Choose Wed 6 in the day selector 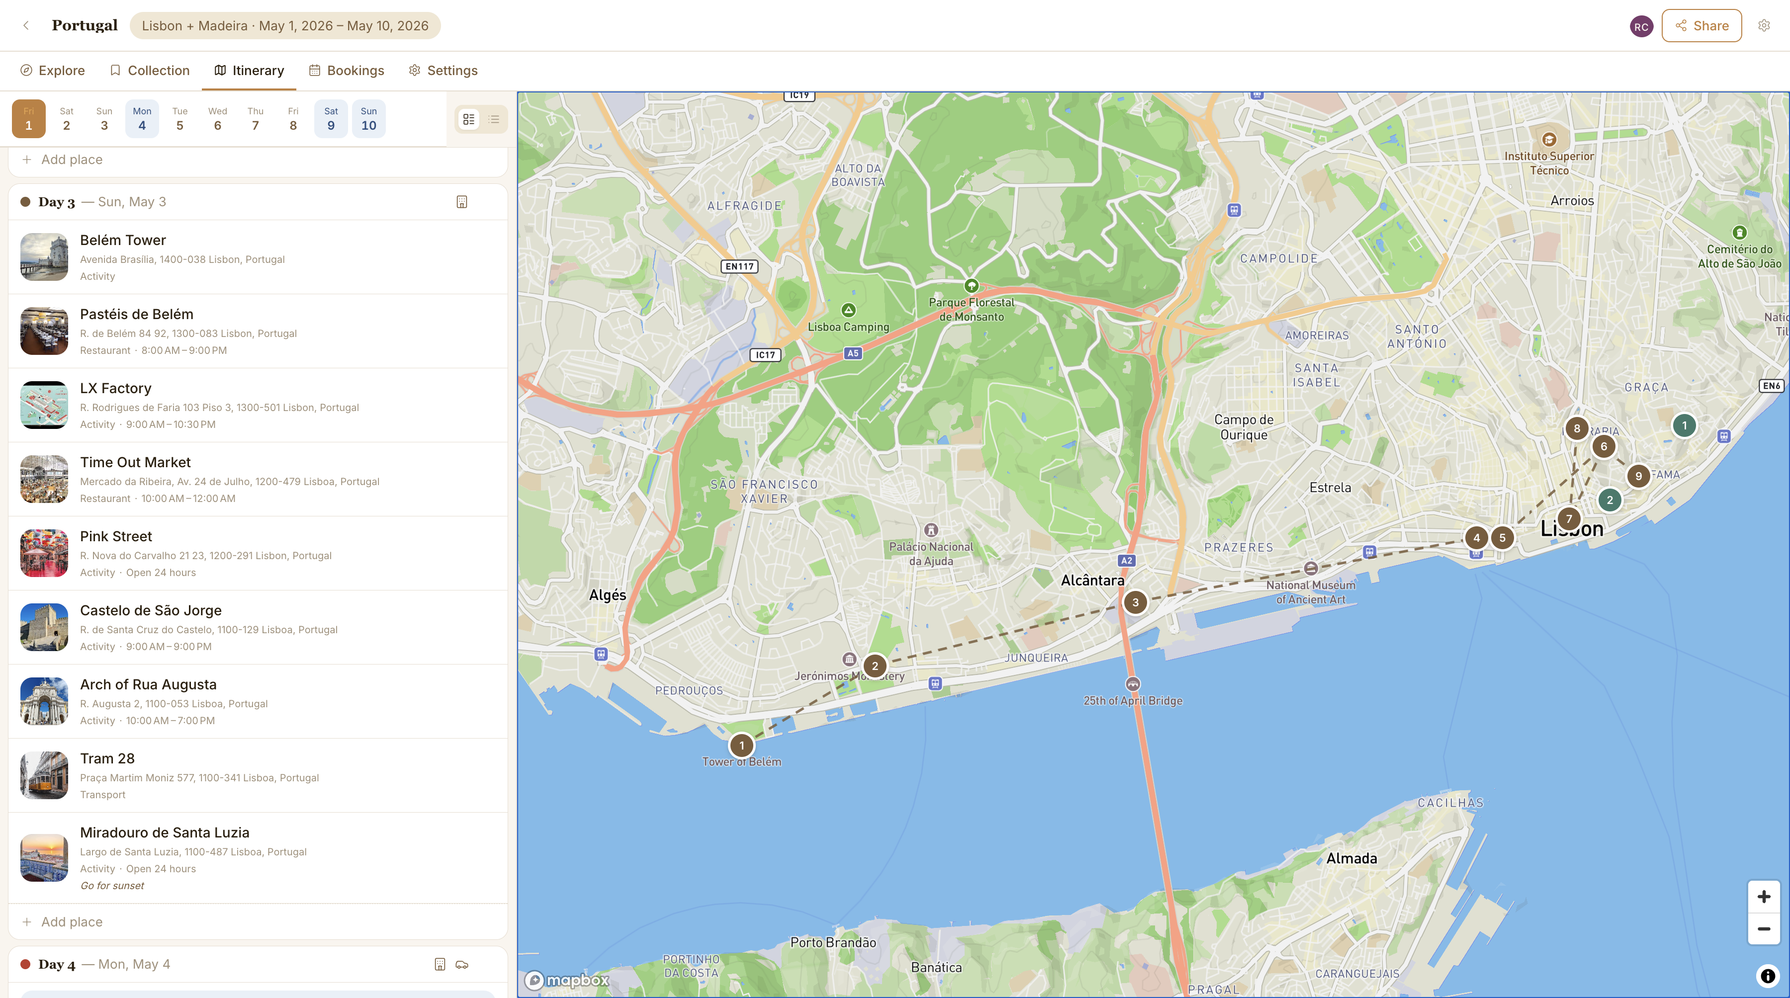click(217, 119)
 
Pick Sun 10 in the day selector click(368, 119)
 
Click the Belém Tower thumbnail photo click(44, 257)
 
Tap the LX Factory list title click(115, 388)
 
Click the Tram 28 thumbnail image click(44, 775)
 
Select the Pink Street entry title click(115, 536)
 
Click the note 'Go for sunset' click(112, 886)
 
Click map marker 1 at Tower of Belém click(741, 745)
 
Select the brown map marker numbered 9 click(1638, 476)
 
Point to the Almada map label click(1351, 858)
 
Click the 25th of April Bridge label click(1133, 701)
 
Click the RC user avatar click(1641, 26)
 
